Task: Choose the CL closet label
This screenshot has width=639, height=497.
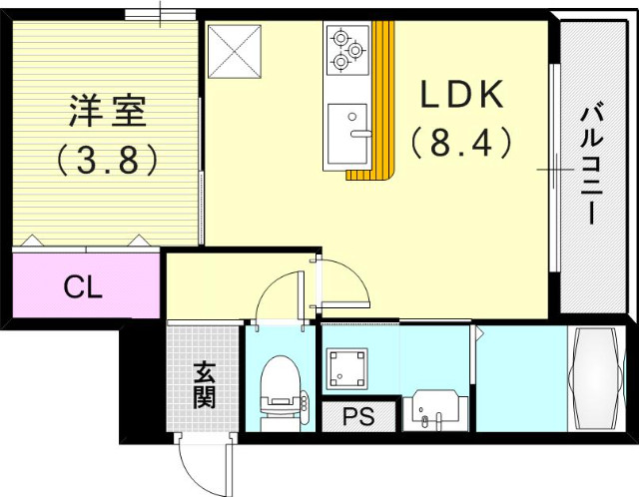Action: click(83, 286)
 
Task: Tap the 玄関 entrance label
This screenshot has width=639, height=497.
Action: click(204, 386)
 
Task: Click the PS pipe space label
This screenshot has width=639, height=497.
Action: click(358, 416)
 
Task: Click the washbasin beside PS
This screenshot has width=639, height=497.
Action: click(431, 409)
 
